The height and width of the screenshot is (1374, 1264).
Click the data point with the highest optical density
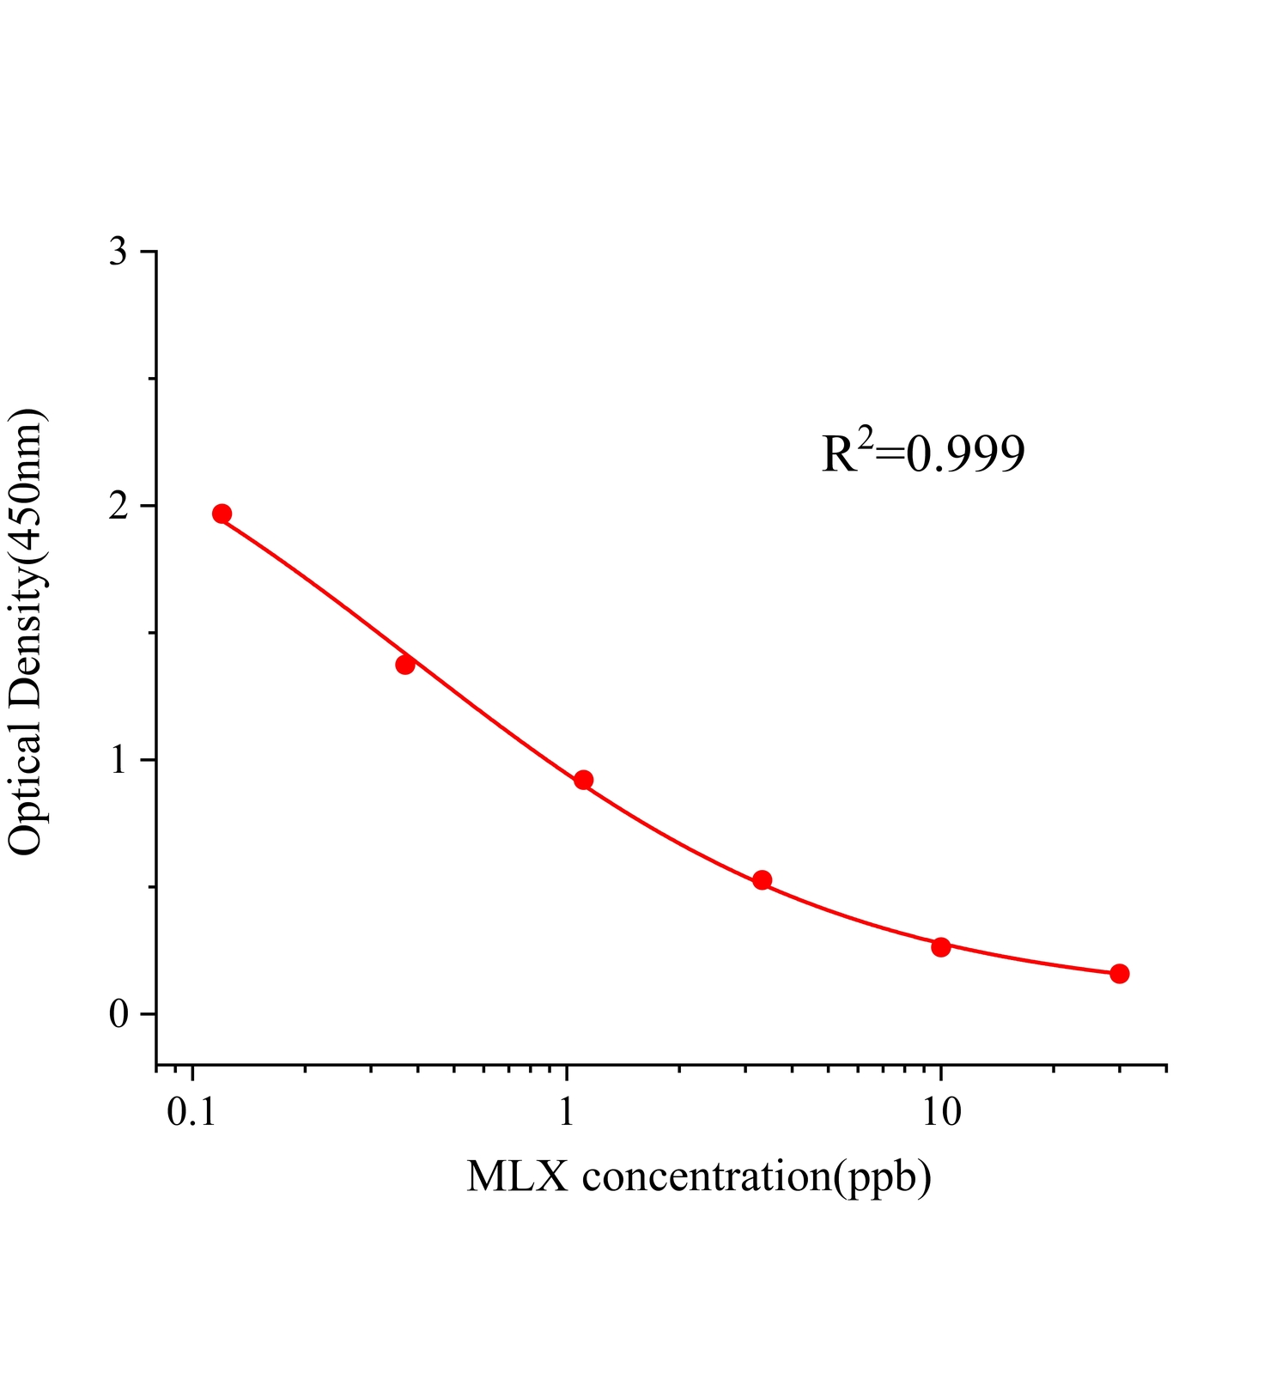(x=222, y=514)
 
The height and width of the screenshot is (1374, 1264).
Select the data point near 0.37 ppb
(x=405, y=664)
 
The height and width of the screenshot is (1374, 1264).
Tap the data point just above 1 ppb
(x=584, y=780)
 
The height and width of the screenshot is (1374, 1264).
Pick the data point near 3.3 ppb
(x=762, y=879)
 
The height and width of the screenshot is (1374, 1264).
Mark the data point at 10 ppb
(x=941, y=947)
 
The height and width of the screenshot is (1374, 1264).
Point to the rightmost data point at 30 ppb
(x=1120, y=973)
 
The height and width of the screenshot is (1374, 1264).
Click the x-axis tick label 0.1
(x=191, y=1113)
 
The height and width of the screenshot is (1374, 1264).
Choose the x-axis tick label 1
(x=567, y=1113)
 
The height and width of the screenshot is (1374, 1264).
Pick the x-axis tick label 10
(x=941, y=1113)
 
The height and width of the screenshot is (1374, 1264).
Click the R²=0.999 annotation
(x=923, y=453)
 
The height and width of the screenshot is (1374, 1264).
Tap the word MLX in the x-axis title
(x=517, y=1176)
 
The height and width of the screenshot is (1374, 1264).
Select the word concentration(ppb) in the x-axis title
(x=757, y=1176)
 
